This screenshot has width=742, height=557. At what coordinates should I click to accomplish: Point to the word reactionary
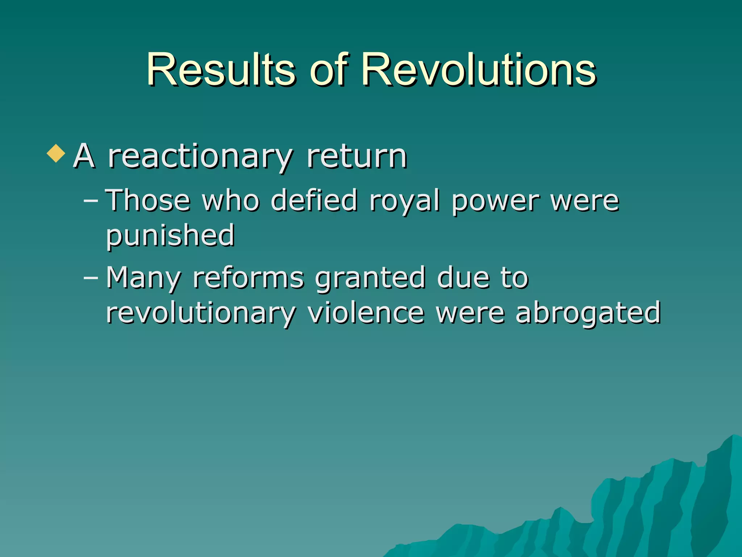tap(200, 157)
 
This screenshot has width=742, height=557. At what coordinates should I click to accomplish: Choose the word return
tap(357, 157)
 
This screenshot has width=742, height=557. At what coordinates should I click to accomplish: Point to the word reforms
tap(249, 278)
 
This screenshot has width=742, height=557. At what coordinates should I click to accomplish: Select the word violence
tap(366, 313)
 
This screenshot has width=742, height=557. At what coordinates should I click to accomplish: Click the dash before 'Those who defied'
tap(91, 200)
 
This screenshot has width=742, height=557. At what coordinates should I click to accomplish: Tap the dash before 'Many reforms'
tap(91, 278)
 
